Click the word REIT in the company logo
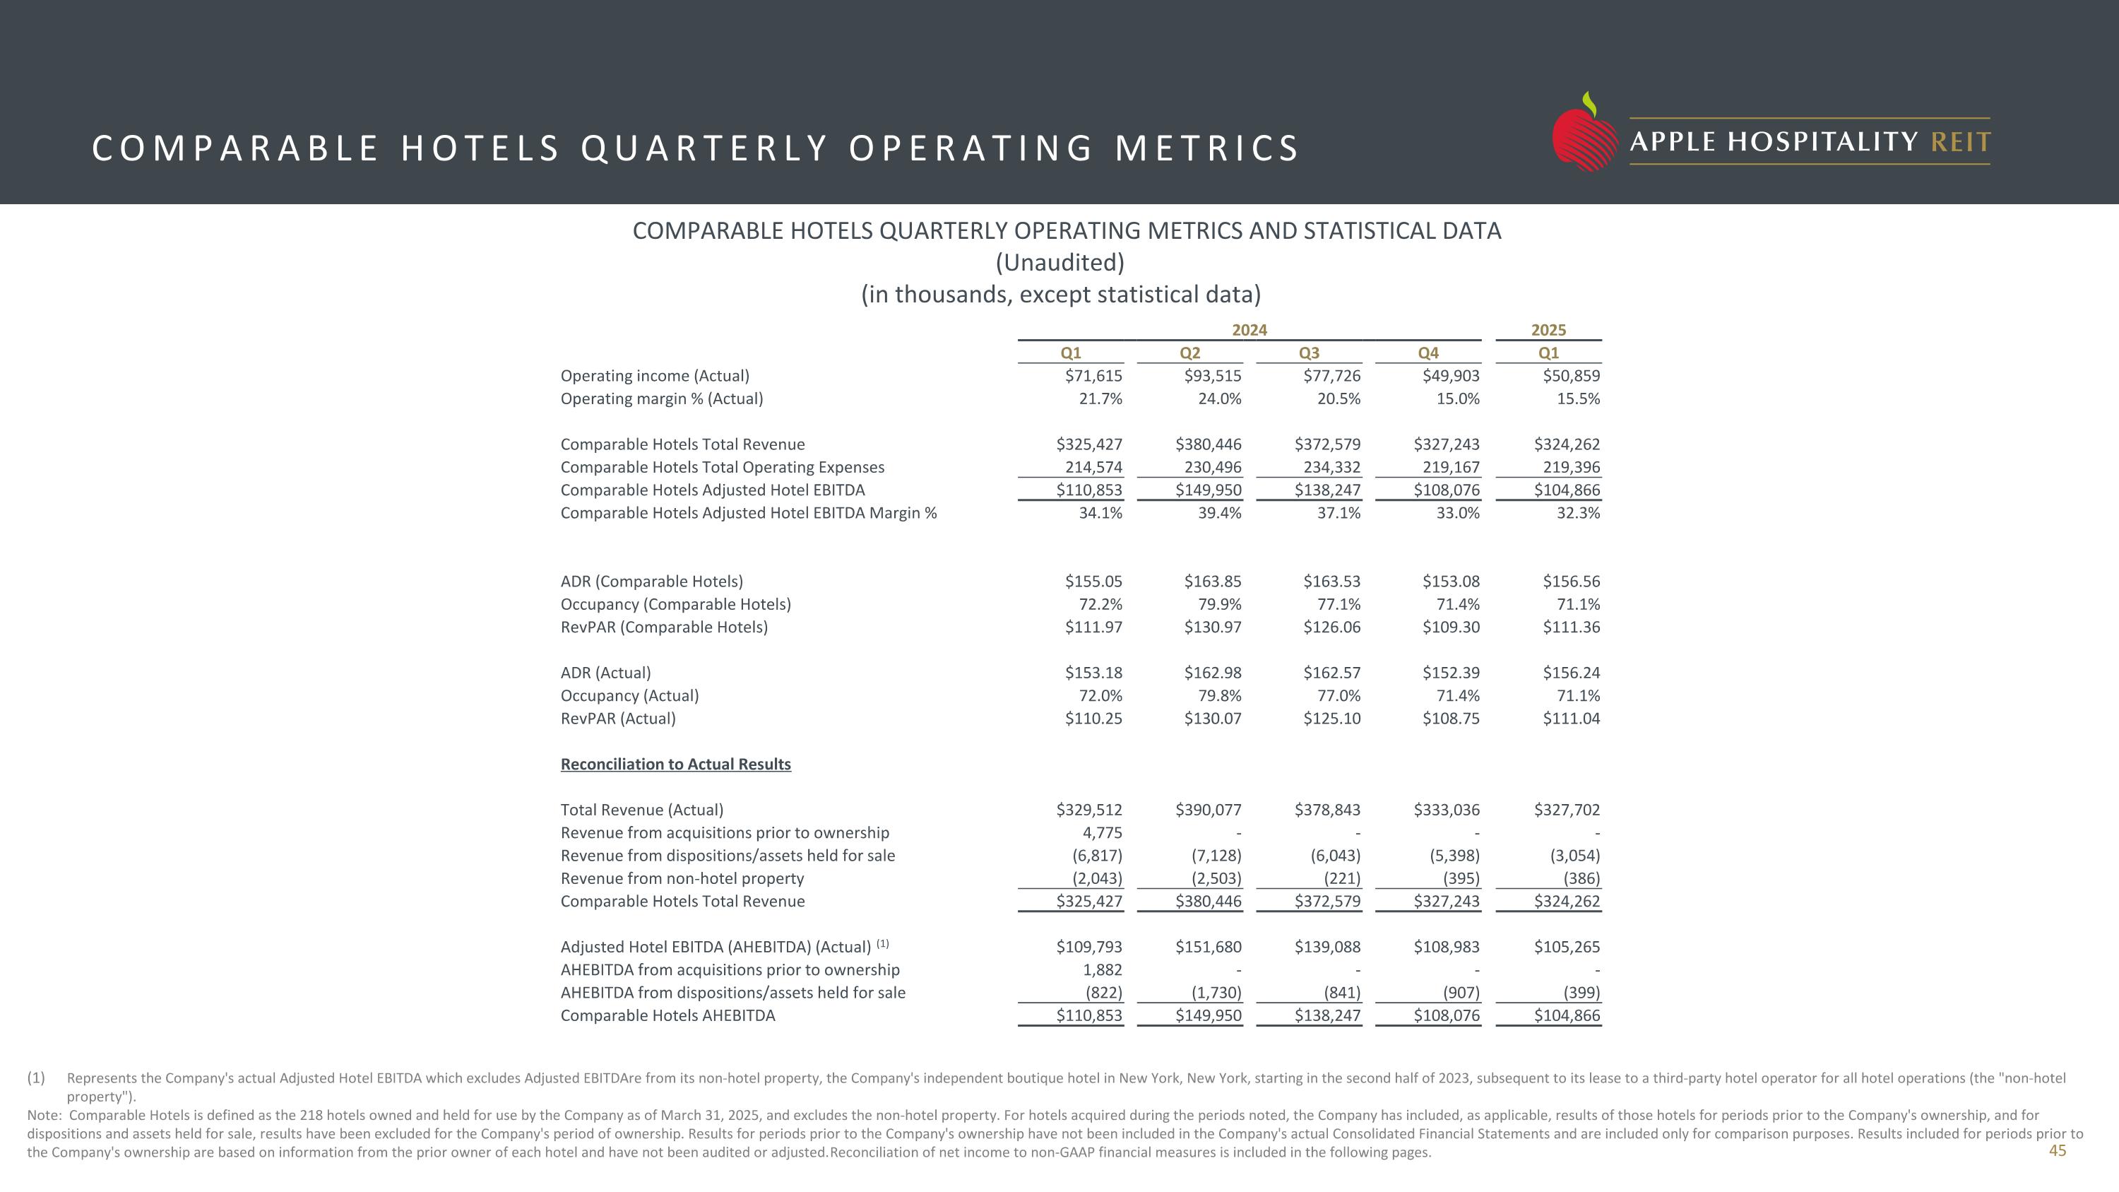click(1960, 142)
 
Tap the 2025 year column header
click(1548, 330)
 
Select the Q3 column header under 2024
click(1309, 353)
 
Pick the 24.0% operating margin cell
click(1219, 399)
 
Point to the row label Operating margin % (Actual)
click(661, 399)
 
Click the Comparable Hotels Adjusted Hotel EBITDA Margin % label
click(749, 513)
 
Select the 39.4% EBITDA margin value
click(1219, 513)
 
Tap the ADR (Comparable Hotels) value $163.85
click(1213, 582)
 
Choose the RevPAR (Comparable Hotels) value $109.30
click(1450, 627)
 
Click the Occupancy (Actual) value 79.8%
click(1219, 696)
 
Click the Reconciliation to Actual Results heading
click(675, 765)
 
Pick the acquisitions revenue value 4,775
click(1103, 833)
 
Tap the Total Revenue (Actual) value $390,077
click(1209, 810)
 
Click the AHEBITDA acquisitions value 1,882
click(1103, 970)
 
